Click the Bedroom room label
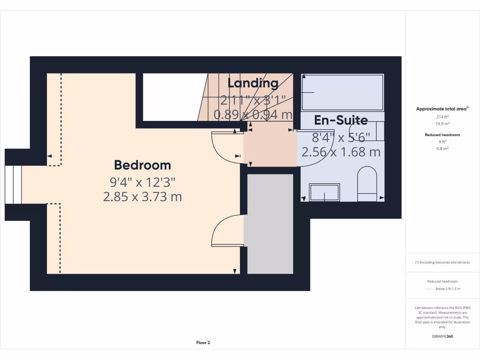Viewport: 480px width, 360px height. point(142,165)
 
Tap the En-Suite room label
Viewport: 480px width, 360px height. point(341,120)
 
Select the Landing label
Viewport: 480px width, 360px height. point(253,83)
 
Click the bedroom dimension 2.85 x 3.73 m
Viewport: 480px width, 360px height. point(142,197)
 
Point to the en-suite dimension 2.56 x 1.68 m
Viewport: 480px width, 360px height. point(341,152)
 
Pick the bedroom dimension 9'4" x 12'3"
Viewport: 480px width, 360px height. point(142,181)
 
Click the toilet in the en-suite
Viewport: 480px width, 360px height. point(367,183)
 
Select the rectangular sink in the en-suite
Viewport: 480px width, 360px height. point(324,193)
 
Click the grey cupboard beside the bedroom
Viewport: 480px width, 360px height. point(270,223)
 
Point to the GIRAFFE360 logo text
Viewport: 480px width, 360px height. point(443,336)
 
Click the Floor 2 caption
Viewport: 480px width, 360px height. point(202,343)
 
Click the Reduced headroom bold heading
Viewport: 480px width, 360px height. point(442,135)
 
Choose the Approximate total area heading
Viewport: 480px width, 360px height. point(442,109)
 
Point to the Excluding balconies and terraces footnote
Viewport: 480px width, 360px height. point(442,262)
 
